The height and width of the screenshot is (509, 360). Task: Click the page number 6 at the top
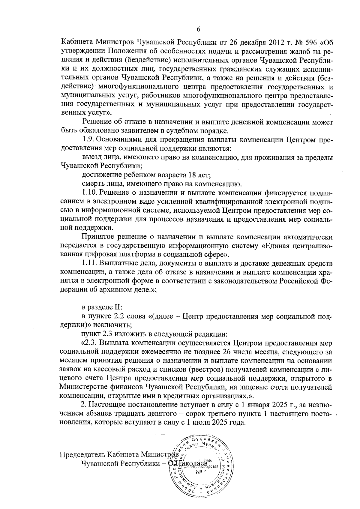coord(198,29)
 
